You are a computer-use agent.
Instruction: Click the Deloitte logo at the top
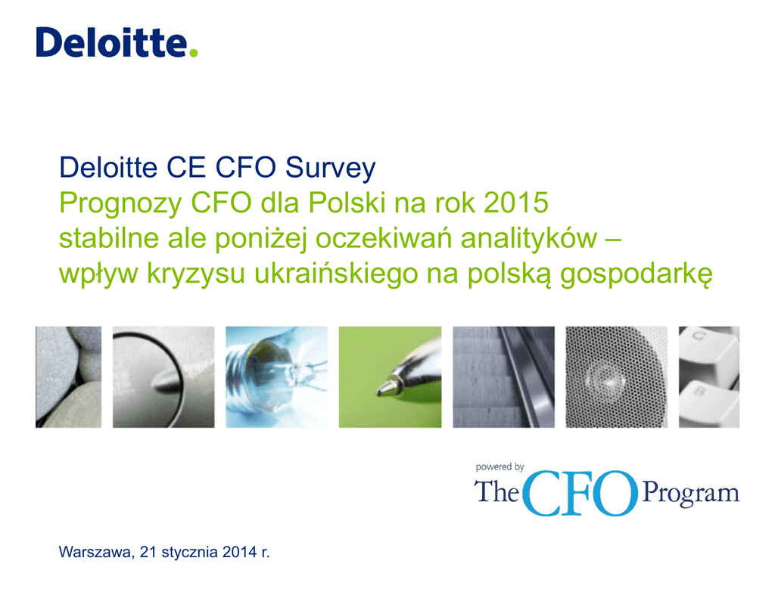pos(117,42)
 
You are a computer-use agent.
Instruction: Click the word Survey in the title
pos(330,169)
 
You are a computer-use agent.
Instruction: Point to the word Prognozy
pos(120,204)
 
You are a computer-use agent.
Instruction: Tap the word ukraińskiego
pos(336,274)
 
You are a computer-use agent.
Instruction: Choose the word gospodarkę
pos(636,274)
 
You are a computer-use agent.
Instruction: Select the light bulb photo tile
pos(276,376)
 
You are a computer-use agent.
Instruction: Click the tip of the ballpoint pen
pos(378,392)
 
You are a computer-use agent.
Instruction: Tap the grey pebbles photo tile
pos(68,376)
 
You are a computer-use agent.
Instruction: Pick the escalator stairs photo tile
pos(503,376)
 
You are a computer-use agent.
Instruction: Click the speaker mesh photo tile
pos(616,376)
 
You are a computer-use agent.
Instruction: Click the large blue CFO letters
pos(579,494)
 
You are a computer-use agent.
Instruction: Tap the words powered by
pos(500,467)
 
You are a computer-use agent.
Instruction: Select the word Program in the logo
pos(690,494)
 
